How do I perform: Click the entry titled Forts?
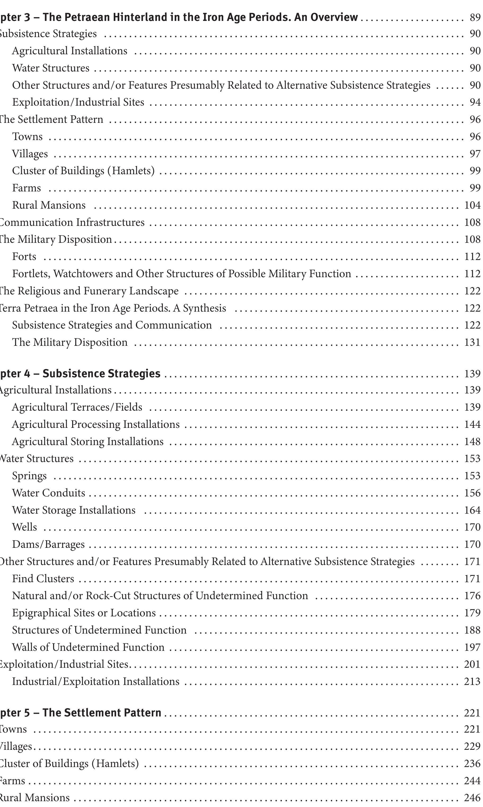24,257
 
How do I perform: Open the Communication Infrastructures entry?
72,222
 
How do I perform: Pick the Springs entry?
29,476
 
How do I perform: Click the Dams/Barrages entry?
48,544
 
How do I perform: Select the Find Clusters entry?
43,579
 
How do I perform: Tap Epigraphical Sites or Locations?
84,613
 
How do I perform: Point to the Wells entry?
24,527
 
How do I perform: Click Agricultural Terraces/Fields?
77,407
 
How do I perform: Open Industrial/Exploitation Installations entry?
96,682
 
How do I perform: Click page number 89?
475,17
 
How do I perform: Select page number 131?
472,342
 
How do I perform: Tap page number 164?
472,510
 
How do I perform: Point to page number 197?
472,647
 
